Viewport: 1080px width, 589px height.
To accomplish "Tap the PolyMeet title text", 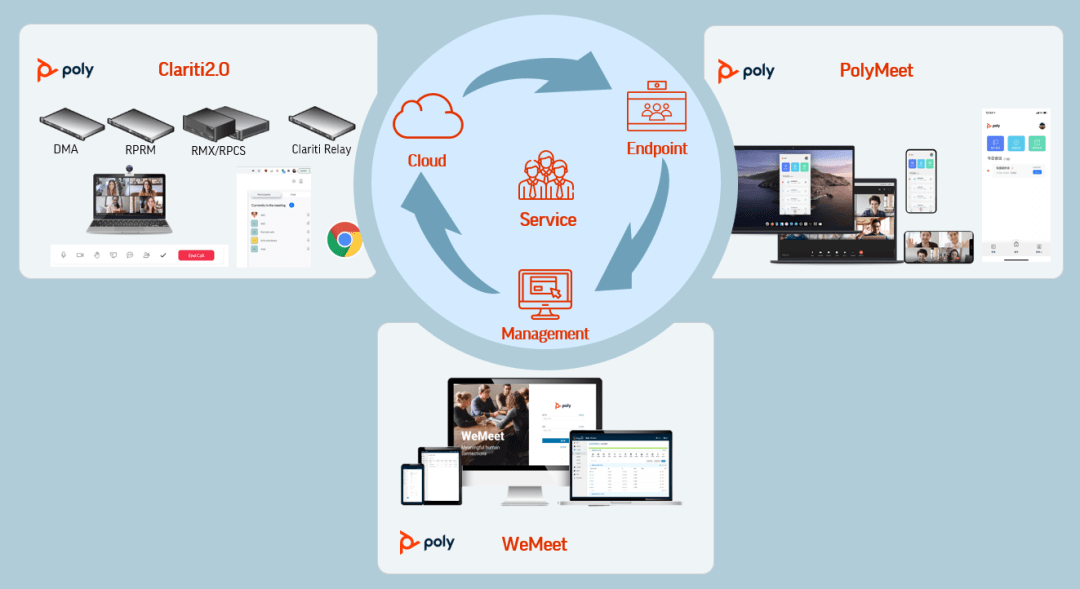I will pos(876,70).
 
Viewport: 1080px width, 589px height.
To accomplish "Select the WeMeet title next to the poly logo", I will pos(534,544).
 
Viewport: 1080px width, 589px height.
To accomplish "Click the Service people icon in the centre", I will pos(546,175).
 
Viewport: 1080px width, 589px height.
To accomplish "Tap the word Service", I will pos(547,219).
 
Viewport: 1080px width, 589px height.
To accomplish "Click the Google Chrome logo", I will pos(345,240).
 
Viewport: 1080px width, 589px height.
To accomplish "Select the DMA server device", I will pos(72,125).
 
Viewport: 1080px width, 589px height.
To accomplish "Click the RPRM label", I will pos(141,149).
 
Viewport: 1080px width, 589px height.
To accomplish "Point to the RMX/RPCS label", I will pos(219,150).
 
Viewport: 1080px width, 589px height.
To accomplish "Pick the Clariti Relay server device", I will pos(321,123).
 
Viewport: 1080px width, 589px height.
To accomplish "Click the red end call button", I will pos(196,255).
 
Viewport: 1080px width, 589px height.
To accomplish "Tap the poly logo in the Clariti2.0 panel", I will pos(65,70).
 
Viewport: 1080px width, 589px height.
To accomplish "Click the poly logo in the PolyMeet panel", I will pos(746,71).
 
